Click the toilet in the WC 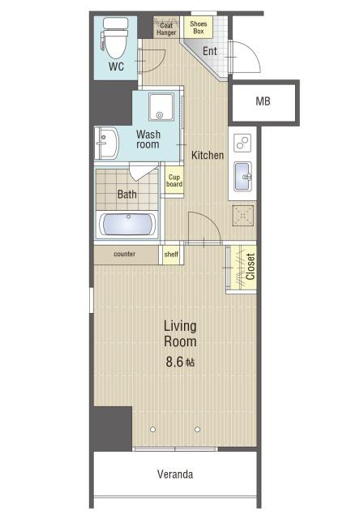(115, 38)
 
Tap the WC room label (117, 66)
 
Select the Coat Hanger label (166, 29)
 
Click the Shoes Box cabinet (198, 27)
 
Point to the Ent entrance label (210, 51)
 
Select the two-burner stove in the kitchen (242, 143)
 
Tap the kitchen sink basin (242, 177)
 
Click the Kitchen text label (208, 155)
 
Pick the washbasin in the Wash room (107, 144)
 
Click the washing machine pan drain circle (160, 115)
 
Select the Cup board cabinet (174, 181)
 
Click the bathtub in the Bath (127, 225)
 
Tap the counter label (124, 254)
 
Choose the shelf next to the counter (171, 255)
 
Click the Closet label (251, 267)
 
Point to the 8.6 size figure (174, 362)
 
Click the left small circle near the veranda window (153, 429)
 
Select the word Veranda (175, 474)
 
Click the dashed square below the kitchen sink (243, 216)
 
